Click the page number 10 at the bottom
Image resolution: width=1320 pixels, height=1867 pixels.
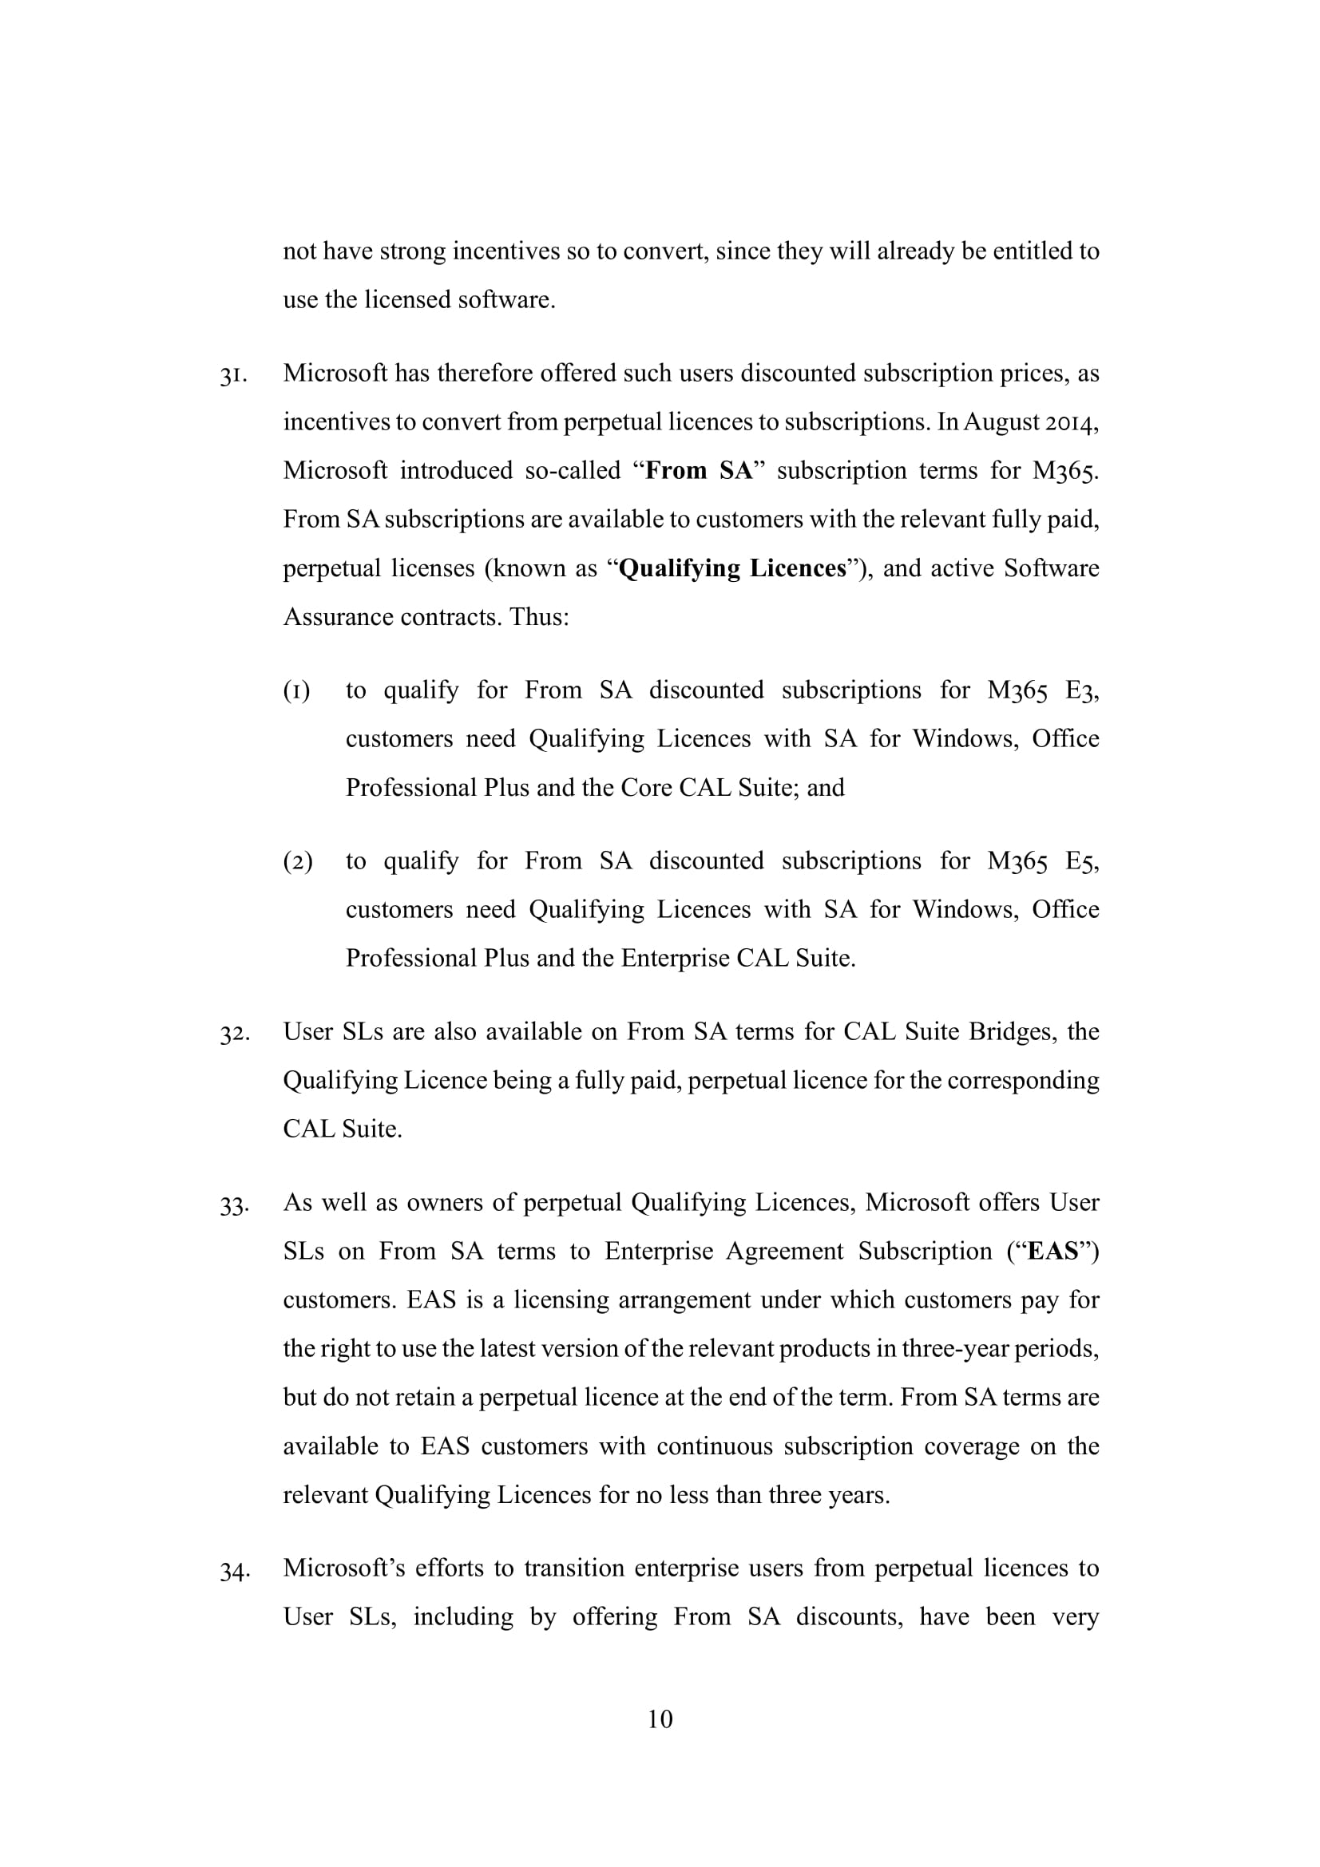660,1719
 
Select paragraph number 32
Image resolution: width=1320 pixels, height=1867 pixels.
233,1034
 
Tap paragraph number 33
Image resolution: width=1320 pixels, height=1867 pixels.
233,1204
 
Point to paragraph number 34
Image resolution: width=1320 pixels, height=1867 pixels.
233,1570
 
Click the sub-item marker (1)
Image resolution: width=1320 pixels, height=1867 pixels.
297,691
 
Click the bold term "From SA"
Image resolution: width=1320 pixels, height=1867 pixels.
699,471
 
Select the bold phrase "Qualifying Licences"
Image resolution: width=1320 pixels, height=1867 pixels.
732,568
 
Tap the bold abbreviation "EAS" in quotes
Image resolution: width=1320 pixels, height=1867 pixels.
1052,1251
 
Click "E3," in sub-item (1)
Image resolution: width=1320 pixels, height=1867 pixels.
1082,690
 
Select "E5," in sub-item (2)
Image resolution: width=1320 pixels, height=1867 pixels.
1082,861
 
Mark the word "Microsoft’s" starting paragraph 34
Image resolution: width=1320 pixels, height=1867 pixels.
343,1568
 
